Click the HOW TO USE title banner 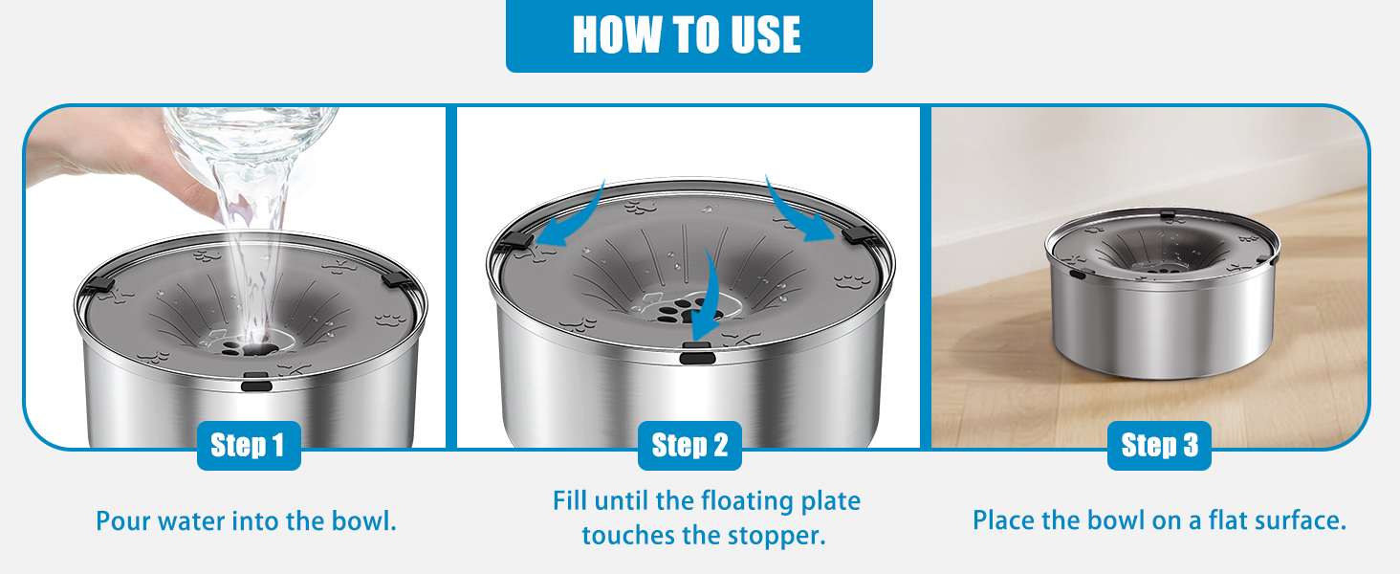pyautogui.click(x=689, y=35)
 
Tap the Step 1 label pyautogui.click(x=249, y=446)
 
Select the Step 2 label pyautogui.click(x=689, y=446)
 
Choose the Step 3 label pyautogui.click(x=1159, y=446)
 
